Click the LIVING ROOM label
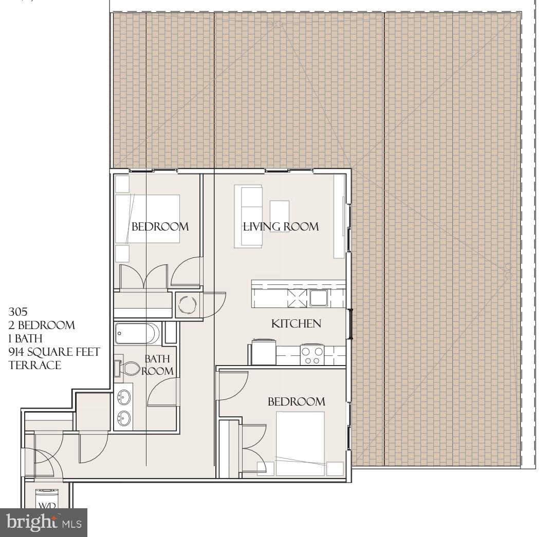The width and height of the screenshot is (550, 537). point(281,226)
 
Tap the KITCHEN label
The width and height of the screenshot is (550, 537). point(296,323)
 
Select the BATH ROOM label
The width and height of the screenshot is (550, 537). point(157,365)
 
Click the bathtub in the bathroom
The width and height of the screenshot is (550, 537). point(137,334)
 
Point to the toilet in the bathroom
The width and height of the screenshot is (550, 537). point(128,368)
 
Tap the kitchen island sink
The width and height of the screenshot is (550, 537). point(319,298)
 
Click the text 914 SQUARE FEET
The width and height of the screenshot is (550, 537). point(54,352)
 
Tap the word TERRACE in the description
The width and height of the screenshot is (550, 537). point(34,366)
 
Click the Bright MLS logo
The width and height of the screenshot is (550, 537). point(44,523)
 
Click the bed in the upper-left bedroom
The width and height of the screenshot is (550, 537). point(148,218)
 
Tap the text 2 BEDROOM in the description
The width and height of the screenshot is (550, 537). point(42,325)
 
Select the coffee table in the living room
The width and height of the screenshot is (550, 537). point(280,216)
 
